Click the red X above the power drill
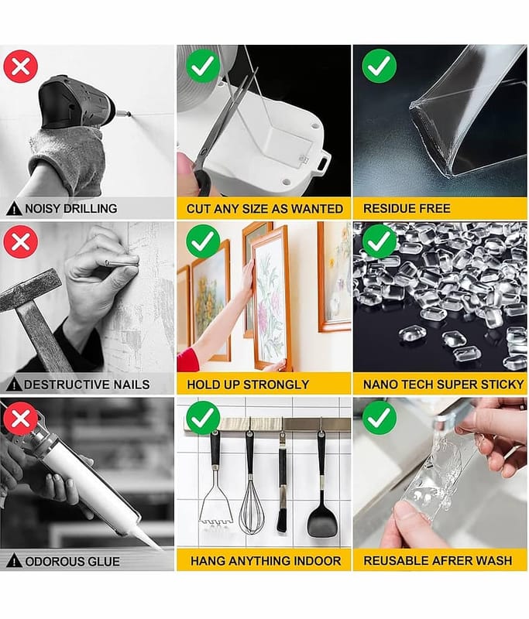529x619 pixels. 21,67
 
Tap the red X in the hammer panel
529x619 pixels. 21,241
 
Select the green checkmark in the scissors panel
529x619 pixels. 203,66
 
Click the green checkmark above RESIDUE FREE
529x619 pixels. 380,66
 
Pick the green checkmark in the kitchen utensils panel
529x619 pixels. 203,418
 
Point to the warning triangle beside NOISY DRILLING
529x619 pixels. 14,208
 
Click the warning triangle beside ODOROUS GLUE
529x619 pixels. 14,560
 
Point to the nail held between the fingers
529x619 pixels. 122,262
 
